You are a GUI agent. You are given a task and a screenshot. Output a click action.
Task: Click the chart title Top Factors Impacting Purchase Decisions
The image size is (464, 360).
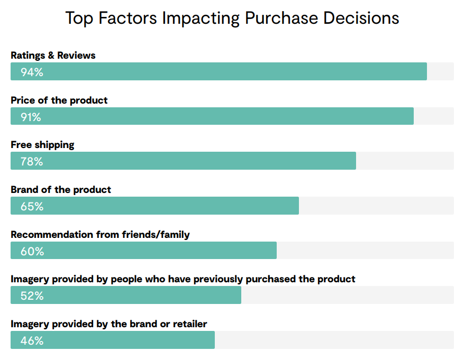point(232,18)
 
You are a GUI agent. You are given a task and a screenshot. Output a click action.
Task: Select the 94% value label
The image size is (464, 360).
point(32,72)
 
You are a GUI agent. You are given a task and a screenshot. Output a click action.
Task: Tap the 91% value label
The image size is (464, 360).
point(31,117)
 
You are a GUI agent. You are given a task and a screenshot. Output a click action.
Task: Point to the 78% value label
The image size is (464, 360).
point(32,161)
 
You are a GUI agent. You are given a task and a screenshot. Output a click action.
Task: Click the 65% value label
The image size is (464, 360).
point(32,206)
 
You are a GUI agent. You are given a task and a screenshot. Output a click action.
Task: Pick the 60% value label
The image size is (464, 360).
point(32,251)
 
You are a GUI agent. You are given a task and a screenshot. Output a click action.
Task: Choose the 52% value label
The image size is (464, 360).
point(32,296)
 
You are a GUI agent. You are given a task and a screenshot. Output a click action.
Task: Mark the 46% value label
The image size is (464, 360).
point(32,340)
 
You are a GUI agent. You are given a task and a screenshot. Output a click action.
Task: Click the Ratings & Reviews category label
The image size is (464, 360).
point(53,56)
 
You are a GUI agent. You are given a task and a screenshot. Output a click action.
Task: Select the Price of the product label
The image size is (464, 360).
point(59,100)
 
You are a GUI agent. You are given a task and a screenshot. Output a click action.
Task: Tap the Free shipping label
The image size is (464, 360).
point(42,145)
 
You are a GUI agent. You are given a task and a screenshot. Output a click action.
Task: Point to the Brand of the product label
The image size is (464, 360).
point(61,190)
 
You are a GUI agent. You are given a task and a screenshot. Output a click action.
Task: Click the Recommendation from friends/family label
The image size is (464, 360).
point(100,234)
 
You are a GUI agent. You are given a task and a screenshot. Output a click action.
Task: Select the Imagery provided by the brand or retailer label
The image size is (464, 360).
point(108,324)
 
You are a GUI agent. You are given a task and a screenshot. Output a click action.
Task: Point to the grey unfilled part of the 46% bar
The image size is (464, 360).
point(333,340)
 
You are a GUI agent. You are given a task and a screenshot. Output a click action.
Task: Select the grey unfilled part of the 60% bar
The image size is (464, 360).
point(365,251)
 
